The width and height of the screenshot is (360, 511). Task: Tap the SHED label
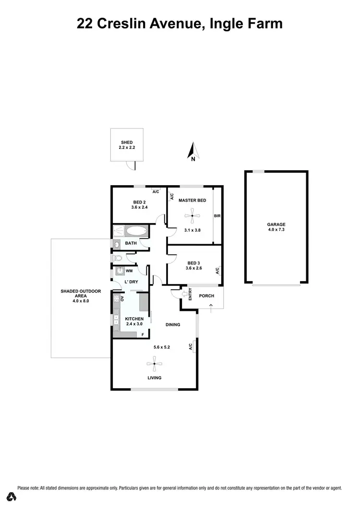[x=127, y=143]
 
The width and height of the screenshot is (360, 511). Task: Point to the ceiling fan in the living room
[x=154, y=364]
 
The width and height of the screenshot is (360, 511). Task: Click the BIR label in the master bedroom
[x=217, y=216]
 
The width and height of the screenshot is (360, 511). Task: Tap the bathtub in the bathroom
[x=134, y=231]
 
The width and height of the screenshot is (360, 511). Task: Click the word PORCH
[x=206, y=296]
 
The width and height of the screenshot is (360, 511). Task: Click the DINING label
[x=173, y=325]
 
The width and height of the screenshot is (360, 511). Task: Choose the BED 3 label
[x=193, y=263]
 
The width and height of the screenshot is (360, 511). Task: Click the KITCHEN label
[x=134, y=319]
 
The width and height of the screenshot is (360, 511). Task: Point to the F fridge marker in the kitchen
[x=143, y=334]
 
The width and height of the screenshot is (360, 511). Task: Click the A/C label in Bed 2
[x=156, y=191]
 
